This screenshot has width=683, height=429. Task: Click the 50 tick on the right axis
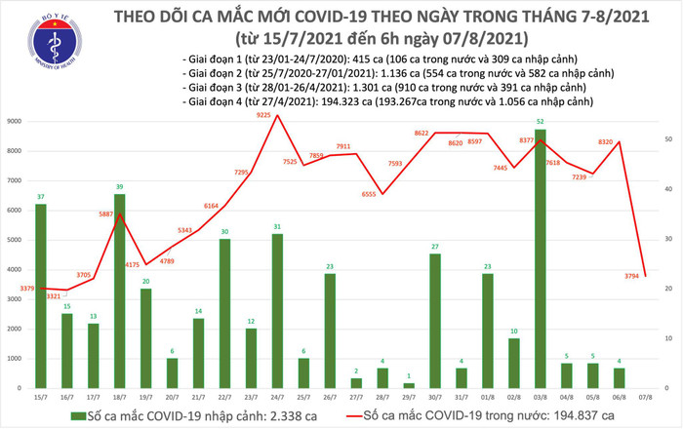click(666, 139)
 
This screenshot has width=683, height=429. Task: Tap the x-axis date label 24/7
click(277, 397)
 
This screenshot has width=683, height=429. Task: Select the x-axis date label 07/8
click(645, 397)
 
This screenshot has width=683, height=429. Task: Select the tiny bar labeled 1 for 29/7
click(409, 385)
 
